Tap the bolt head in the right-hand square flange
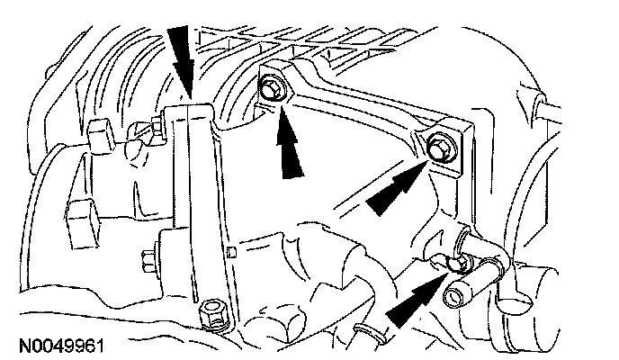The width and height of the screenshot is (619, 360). pos(440,147)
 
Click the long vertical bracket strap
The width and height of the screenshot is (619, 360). pos(199,207)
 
